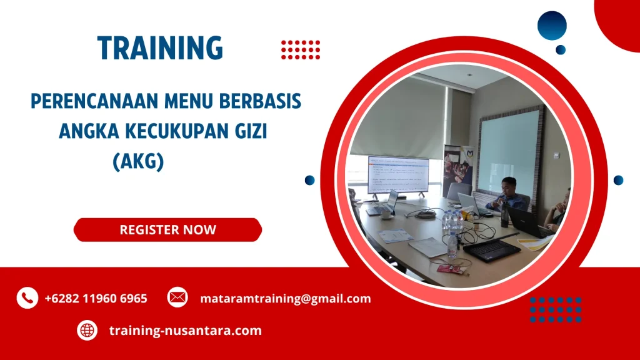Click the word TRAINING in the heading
click(160, 48)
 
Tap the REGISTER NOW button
click(167, 229)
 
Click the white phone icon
click(27, 298)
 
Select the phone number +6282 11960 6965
click(96, 299)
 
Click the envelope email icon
click(177, 297)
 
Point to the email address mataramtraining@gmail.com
click(285, 299)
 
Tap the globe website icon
click(87, 330)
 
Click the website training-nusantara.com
click(185, 331)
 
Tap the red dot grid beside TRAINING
click(301, 49)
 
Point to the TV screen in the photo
click(398, 174)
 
